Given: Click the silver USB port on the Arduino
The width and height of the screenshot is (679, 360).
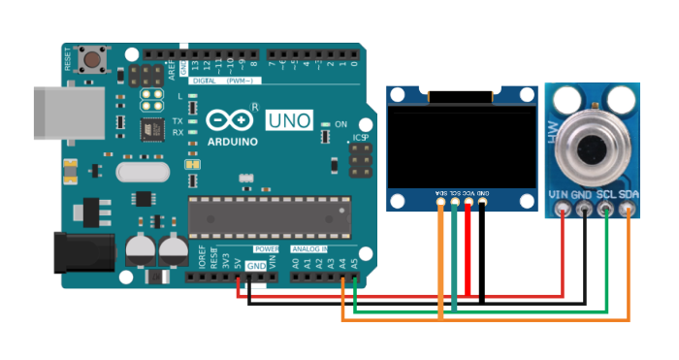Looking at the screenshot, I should point(62,115).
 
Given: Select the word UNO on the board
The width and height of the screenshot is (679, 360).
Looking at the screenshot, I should point(291,119).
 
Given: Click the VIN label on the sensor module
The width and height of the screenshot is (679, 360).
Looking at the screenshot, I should point(559,195).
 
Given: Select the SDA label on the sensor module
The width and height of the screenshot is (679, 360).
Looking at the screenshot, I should point(630,195).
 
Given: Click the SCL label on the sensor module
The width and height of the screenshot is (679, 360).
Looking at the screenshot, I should point(607,195).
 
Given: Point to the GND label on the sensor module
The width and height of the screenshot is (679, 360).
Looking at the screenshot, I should point(583,195).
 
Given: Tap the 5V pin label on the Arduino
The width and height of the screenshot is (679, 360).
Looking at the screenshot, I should point(239,263).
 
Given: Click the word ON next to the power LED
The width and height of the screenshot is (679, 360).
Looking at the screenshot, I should point(340,125).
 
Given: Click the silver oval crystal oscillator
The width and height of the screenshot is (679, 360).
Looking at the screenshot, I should point(142,173).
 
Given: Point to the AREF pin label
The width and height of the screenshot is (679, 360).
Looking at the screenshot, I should point(171,68).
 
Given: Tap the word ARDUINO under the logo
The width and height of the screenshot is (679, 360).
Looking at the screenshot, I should point(233,142).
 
